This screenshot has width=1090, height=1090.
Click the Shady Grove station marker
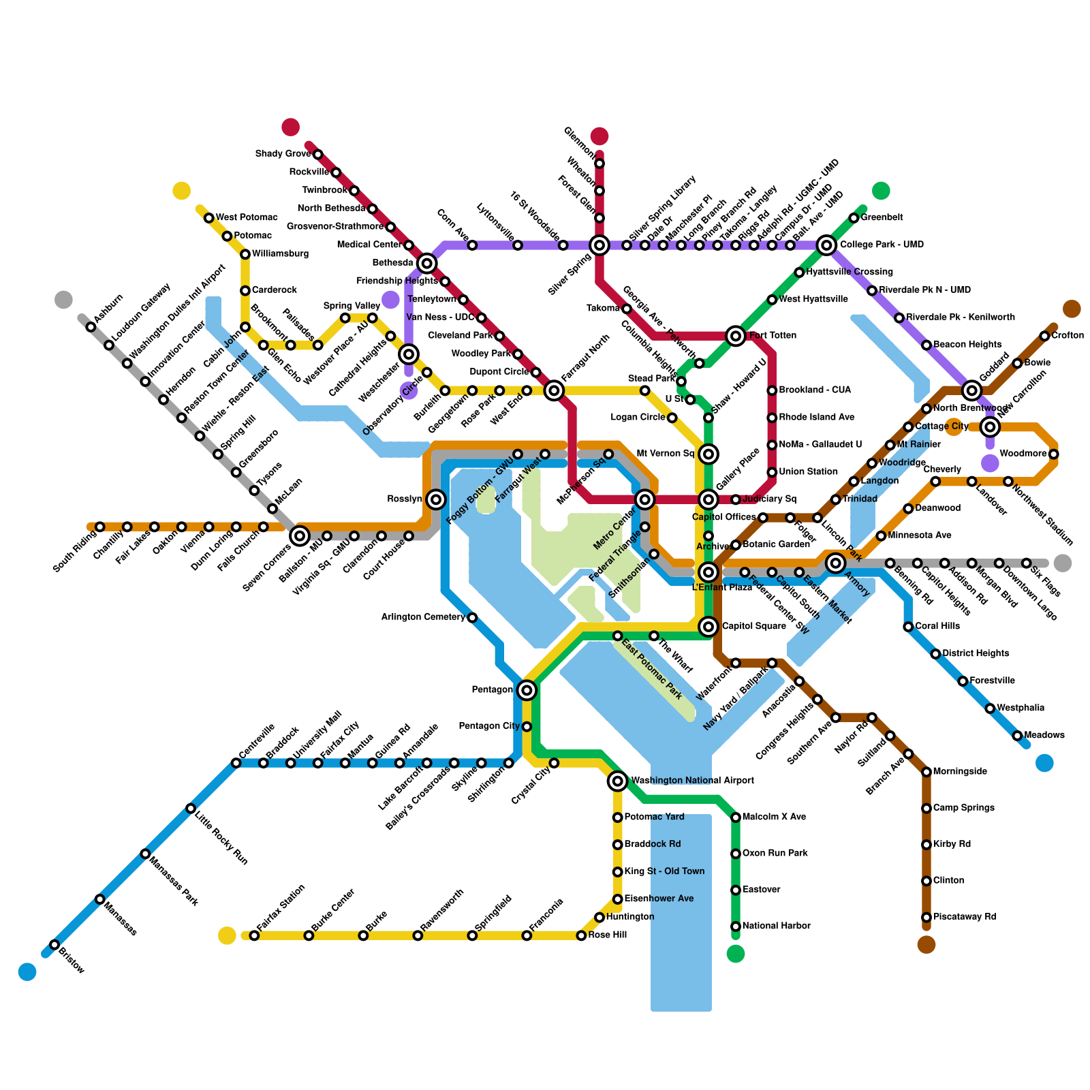317,155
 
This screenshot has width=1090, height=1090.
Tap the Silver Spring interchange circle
599,245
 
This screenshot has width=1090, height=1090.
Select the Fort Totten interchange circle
736,335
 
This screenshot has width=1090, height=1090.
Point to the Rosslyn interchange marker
437,499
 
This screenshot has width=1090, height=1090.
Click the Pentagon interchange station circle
527,690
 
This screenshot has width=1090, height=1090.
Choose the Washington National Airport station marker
617,781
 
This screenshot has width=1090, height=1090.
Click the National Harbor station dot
736,926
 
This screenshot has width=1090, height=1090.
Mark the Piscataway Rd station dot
926,917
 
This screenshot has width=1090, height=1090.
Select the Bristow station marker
54,944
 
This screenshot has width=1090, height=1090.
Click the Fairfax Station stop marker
254,935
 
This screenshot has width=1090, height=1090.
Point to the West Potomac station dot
209,218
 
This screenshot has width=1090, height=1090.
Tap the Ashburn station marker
91,327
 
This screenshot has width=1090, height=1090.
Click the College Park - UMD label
882,245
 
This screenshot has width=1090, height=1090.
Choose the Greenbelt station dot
854,218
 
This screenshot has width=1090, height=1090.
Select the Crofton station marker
1044,336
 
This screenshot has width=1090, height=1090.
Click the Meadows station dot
1017,736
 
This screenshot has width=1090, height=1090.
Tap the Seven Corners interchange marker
300,536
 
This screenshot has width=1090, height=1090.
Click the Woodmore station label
1023,454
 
